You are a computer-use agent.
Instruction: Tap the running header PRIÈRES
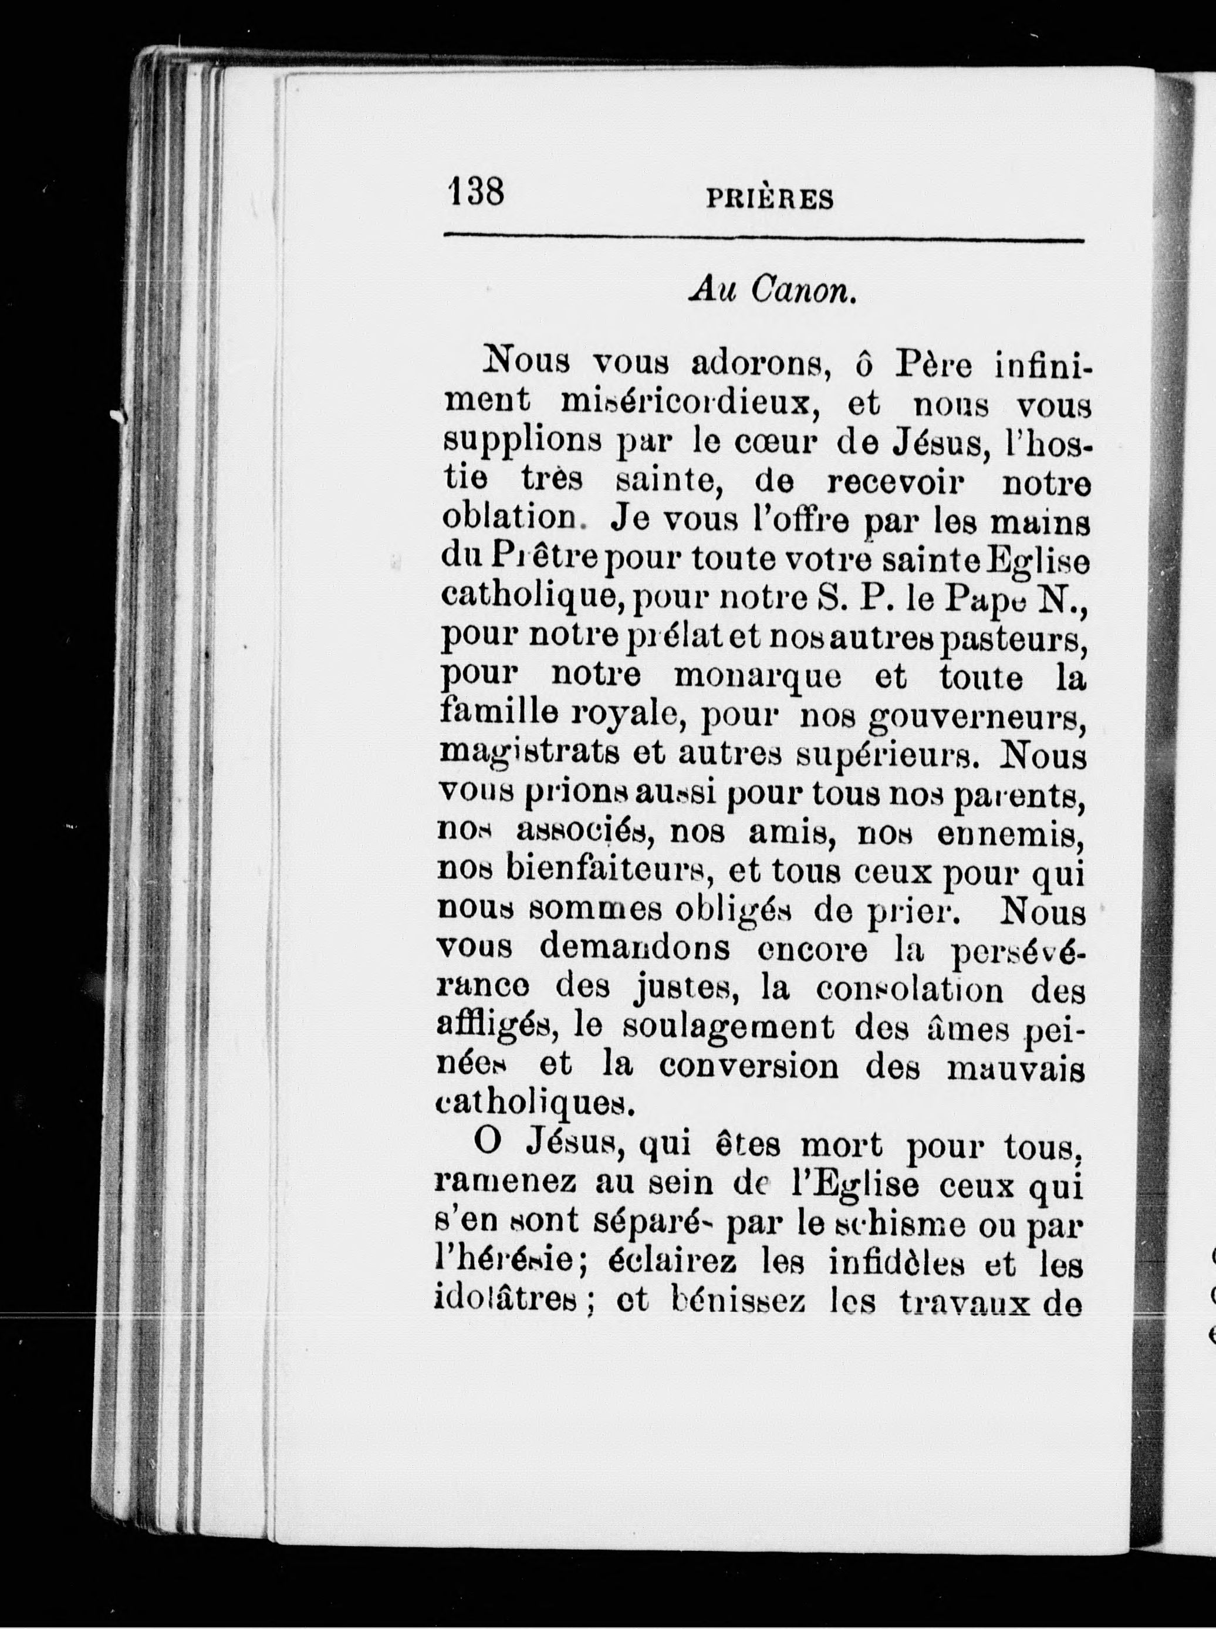pyautogui.click(x=770, y=200)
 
